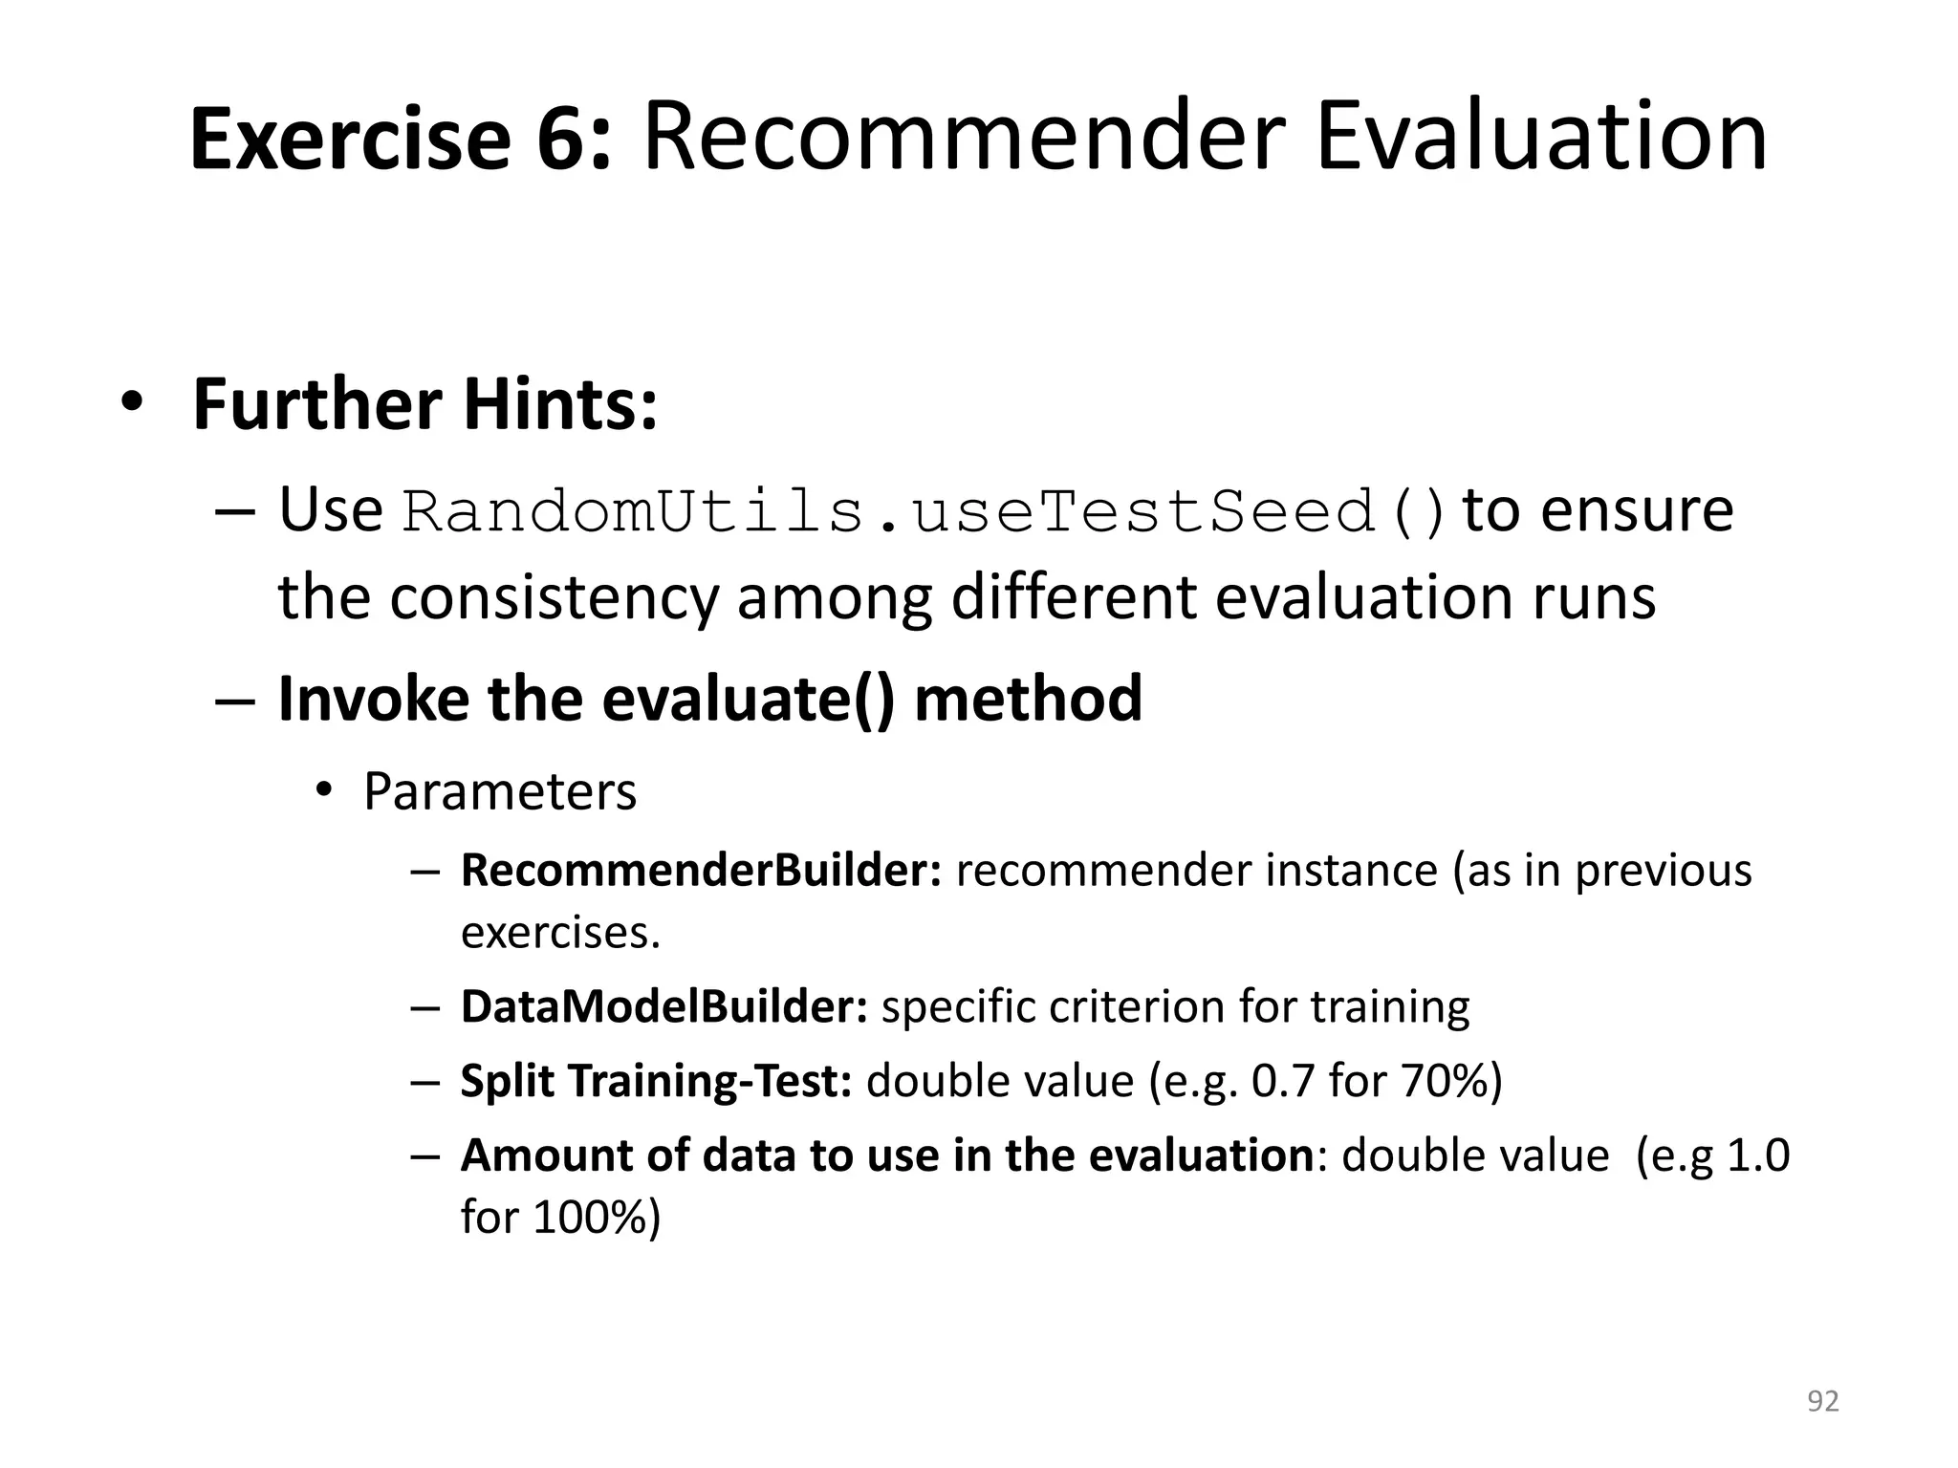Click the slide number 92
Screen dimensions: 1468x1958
tap(1822, 1401)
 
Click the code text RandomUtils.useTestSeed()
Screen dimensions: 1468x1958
tap(924, 512)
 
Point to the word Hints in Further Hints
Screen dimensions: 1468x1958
tap(561, 405)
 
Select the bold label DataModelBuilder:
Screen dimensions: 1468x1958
tap(664, 1007)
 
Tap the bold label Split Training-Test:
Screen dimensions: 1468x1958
tap(656, 1082)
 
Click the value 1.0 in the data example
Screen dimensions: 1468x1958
tap(1758, 1155)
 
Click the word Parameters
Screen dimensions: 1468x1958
tap(499, 792)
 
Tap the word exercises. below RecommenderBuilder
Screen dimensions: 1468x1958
tap(560, 933)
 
